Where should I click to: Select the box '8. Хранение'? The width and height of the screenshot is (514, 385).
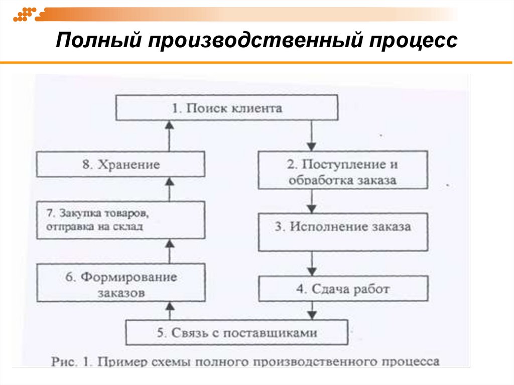tap(120, 165)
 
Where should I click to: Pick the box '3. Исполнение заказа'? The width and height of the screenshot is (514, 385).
tap(343, 227)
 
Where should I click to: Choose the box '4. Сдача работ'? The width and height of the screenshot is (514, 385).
tap(343, 289)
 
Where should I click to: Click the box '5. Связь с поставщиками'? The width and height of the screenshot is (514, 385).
tap(236, 332)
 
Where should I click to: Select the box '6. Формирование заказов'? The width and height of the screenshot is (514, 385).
tap(120, 284)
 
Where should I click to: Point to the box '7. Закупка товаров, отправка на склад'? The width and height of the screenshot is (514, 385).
tap(120, 220)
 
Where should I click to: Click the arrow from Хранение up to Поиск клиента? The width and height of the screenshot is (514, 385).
tap(169, 136)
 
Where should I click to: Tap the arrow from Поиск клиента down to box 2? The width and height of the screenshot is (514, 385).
tap(312, 136)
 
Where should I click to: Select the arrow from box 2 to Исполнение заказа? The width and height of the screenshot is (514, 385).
tap(312, 200)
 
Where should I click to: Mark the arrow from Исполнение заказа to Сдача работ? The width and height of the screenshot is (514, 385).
tap(312, 264)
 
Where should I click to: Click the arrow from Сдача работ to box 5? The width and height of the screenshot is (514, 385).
tap(312, 310)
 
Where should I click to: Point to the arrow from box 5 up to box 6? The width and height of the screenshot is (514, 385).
tap(169, 311)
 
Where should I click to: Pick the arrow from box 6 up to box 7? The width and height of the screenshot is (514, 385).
tap(169, 251)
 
